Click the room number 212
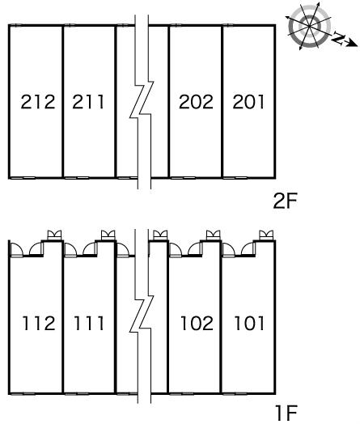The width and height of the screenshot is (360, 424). coord(38,102)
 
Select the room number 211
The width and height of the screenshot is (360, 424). coord(88,102)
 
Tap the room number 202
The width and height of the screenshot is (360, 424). coord(197,102)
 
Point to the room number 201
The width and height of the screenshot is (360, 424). coord(248,102)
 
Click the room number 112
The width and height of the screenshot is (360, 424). coord(39,323)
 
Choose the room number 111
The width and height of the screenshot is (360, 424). coord(89,323)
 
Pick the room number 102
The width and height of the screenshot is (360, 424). coord(197,323)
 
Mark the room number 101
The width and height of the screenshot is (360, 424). coord(249,323)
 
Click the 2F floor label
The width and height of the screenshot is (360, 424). coord(285,201)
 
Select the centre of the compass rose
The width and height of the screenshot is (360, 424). coord(309,26)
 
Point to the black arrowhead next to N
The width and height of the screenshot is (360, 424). coord(353,43)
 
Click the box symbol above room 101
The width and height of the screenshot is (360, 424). coord(266,235)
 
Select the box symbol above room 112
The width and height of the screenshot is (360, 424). coord(54,235)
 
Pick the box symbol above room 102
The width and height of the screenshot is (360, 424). coord(213,235)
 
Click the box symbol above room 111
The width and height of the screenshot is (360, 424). coord(108,235)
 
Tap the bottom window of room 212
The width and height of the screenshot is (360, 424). coord(23,178)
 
